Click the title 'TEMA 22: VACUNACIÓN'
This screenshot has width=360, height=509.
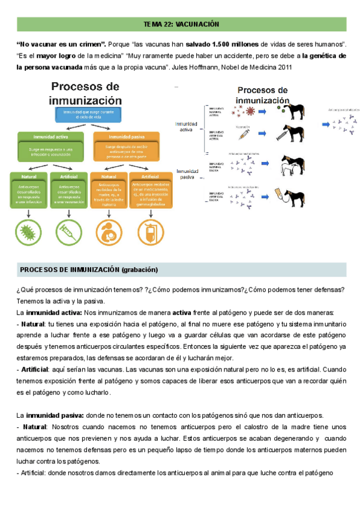[182, 25]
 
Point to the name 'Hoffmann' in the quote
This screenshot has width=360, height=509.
[199, 67]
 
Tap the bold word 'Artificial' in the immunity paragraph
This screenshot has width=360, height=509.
[35, 369]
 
